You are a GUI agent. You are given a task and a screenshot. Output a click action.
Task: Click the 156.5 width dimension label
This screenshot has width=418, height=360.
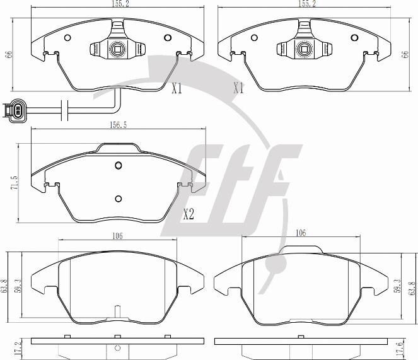coord(119,125)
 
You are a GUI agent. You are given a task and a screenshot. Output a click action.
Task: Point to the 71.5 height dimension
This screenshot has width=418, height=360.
coord(14,183)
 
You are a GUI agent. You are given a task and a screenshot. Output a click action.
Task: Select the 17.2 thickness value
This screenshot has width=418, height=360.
coord(18,348)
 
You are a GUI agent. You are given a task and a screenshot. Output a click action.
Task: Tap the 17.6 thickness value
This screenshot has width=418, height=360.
coord(400,348)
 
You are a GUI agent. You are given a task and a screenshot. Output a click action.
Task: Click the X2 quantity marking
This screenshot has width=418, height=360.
coord(189,214)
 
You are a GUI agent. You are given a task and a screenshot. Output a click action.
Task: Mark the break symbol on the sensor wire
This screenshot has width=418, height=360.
coord(64,110)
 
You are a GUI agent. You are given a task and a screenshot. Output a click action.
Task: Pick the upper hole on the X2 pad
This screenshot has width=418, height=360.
coord(119,165)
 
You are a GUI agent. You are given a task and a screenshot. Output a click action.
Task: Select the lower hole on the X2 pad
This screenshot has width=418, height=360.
coord(119,199)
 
